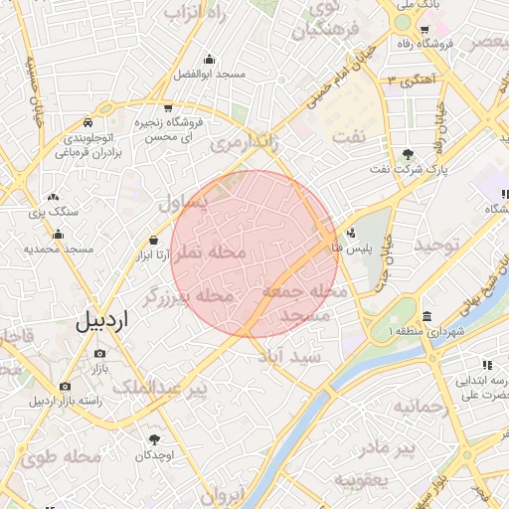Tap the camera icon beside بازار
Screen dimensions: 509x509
(100, 354)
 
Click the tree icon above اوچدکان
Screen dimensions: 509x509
(153, 438)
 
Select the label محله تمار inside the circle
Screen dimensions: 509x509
(210, 254)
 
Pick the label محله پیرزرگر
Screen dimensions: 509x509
(188, 295)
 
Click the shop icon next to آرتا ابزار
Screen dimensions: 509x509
(153, 240)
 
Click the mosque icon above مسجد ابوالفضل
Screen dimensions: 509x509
(208, 58)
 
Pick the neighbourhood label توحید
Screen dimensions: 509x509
(437, 244)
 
